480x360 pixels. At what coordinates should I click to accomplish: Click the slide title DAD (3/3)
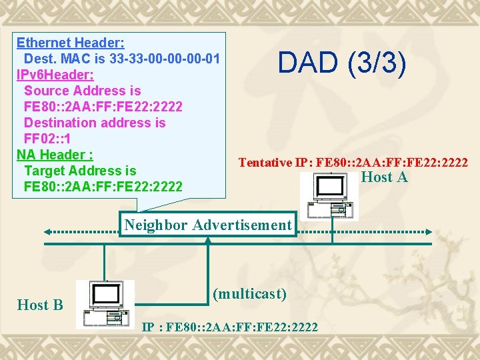point(341,63)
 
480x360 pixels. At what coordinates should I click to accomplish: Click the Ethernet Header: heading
point(70,43)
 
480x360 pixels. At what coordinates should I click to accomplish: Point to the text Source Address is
point(82,91)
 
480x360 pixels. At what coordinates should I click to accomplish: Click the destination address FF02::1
point(47,139)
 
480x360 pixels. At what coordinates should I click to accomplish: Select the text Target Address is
point(79,171)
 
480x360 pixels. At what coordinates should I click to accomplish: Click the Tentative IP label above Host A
point(353,162)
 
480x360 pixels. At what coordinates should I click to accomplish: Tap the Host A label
point(384,177)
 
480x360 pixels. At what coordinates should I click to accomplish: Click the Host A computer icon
point(328,196)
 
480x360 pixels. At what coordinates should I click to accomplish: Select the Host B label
point(40,305)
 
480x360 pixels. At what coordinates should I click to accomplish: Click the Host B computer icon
point(105,303)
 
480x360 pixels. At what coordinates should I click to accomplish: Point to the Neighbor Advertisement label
point(208,225)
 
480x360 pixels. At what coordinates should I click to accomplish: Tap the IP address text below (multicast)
point(231,327)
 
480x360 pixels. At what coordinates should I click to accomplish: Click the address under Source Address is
point(103,107)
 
